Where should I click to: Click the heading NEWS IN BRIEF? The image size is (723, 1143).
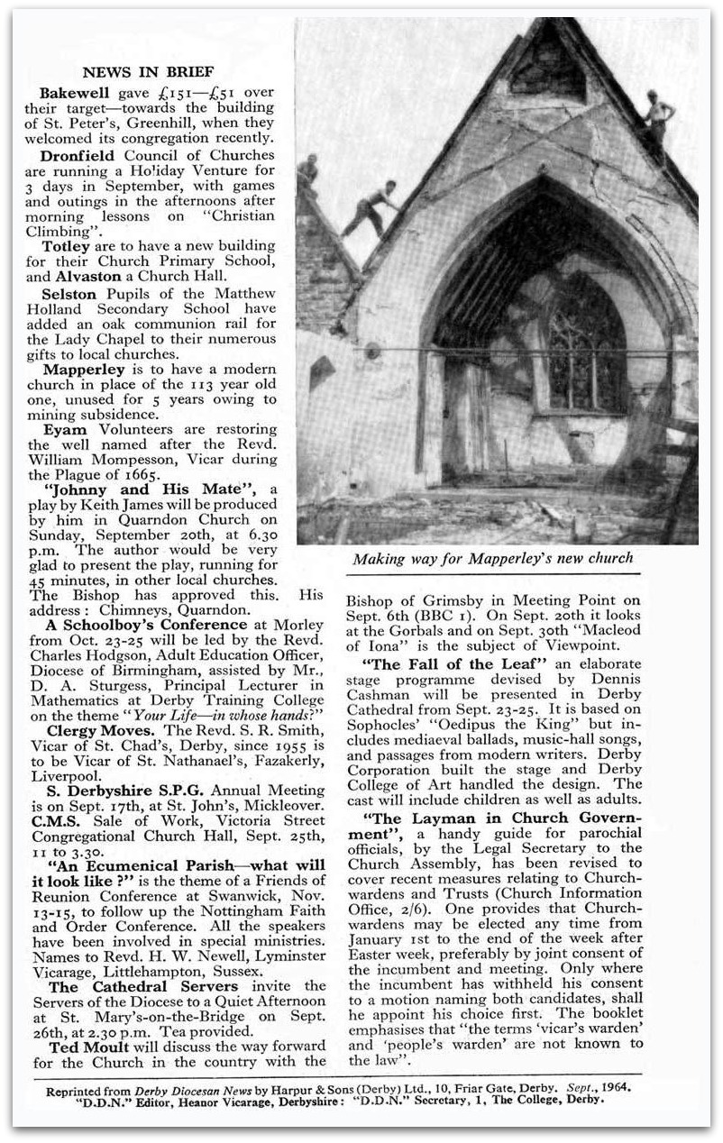[x=148, y=72]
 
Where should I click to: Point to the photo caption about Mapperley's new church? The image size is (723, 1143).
[x=492, y=559]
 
